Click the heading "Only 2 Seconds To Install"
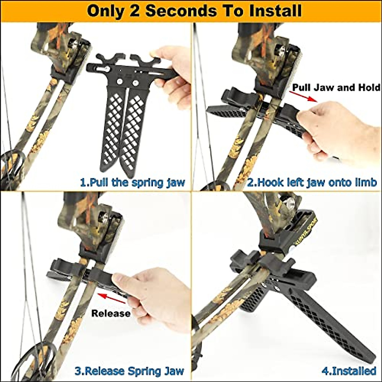pos(194,11)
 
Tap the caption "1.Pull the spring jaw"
pos(132,182)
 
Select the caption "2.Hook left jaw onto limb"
pos(312,182)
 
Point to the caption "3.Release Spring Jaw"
pos(129,371)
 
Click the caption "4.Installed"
pos(349,371)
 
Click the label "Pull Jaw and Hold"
pos(336,87)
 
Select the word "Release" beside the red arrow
pos(111,313)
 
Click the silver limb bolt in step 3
pos(104,218)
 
